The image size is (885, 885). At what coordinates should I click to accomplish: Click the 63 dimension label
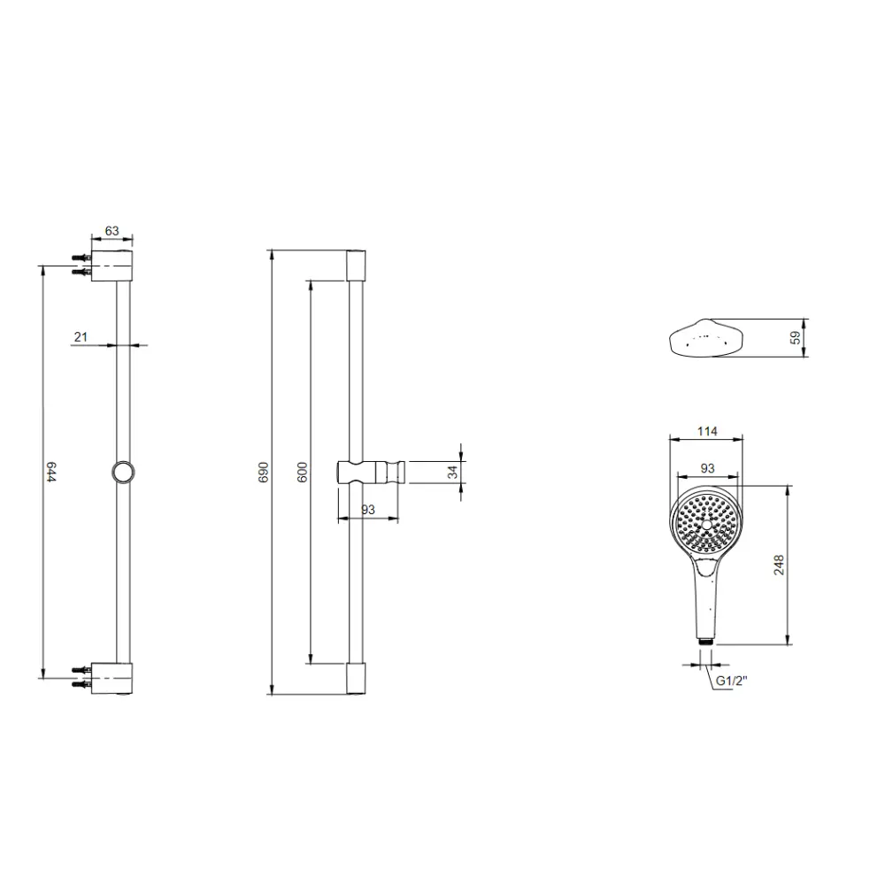click(112, 231)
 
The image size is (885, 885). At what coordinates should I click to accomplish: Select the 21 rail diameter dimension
click(81, 337)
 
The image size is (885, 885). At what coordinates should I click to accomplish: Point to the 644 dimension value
click(51, 472)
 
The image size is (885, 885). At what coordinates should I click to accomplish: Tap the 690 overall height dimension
click(264, 472)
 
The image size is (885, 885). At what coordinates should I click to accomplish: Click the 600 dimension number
click(303, 472)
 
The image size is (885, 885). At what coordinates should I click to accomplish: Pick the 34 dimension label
click(452, 472)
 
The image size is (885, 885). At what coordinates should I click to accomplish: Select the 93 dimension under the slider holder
click(368, 510)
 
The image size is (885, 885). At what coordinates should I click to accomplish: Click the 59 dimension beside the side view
click(795, 337)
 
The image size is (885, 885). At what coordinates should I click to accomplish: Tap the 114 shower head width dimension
click(707, 432)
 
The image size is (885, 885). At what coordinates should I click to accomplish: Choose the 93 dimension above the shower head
click(707, 468)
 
